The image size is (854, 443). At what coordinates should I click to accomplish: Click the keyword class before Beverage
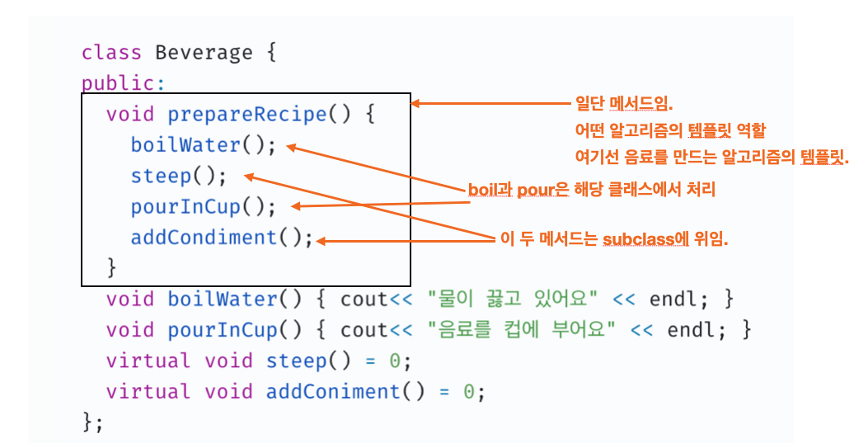[111, 53]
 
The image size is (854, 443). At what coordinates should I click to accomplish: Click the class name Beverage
[204, 53]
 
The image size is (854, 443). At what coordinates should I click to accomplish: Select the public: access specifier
[118, 83]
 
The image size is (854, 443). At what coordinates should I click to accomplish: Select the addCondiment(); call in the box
[222, 238]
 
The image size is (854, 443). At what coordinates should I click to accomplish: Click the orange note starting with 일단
[624, 105]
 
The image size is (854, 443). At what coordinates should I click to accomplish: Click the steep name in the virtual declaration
[290, 361]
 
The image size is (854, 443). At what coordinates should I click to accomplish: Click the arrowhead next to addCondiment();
[321, 241]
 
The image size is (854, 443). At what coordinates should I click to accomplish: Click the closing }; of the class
[93, 422]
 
